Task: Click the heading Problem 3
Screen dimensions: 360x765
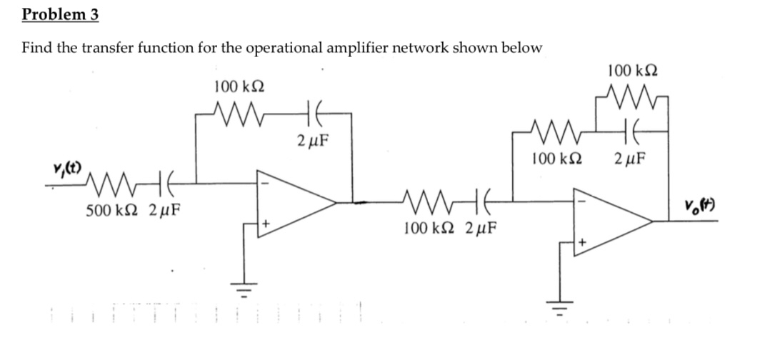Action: point(60,14)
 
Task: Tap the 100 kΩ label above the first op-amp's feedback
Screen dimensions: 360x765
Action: point(239,86)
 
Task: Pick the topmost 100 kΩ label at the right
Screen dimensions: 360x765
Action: point(633,70)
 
